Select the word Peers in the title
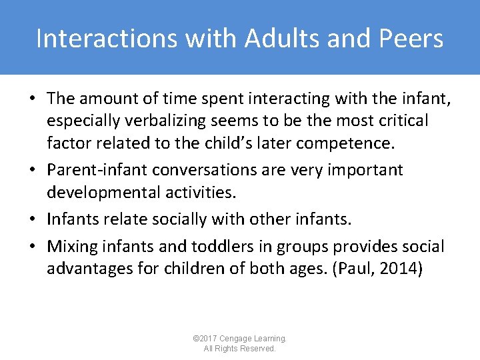coord(411,39)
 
